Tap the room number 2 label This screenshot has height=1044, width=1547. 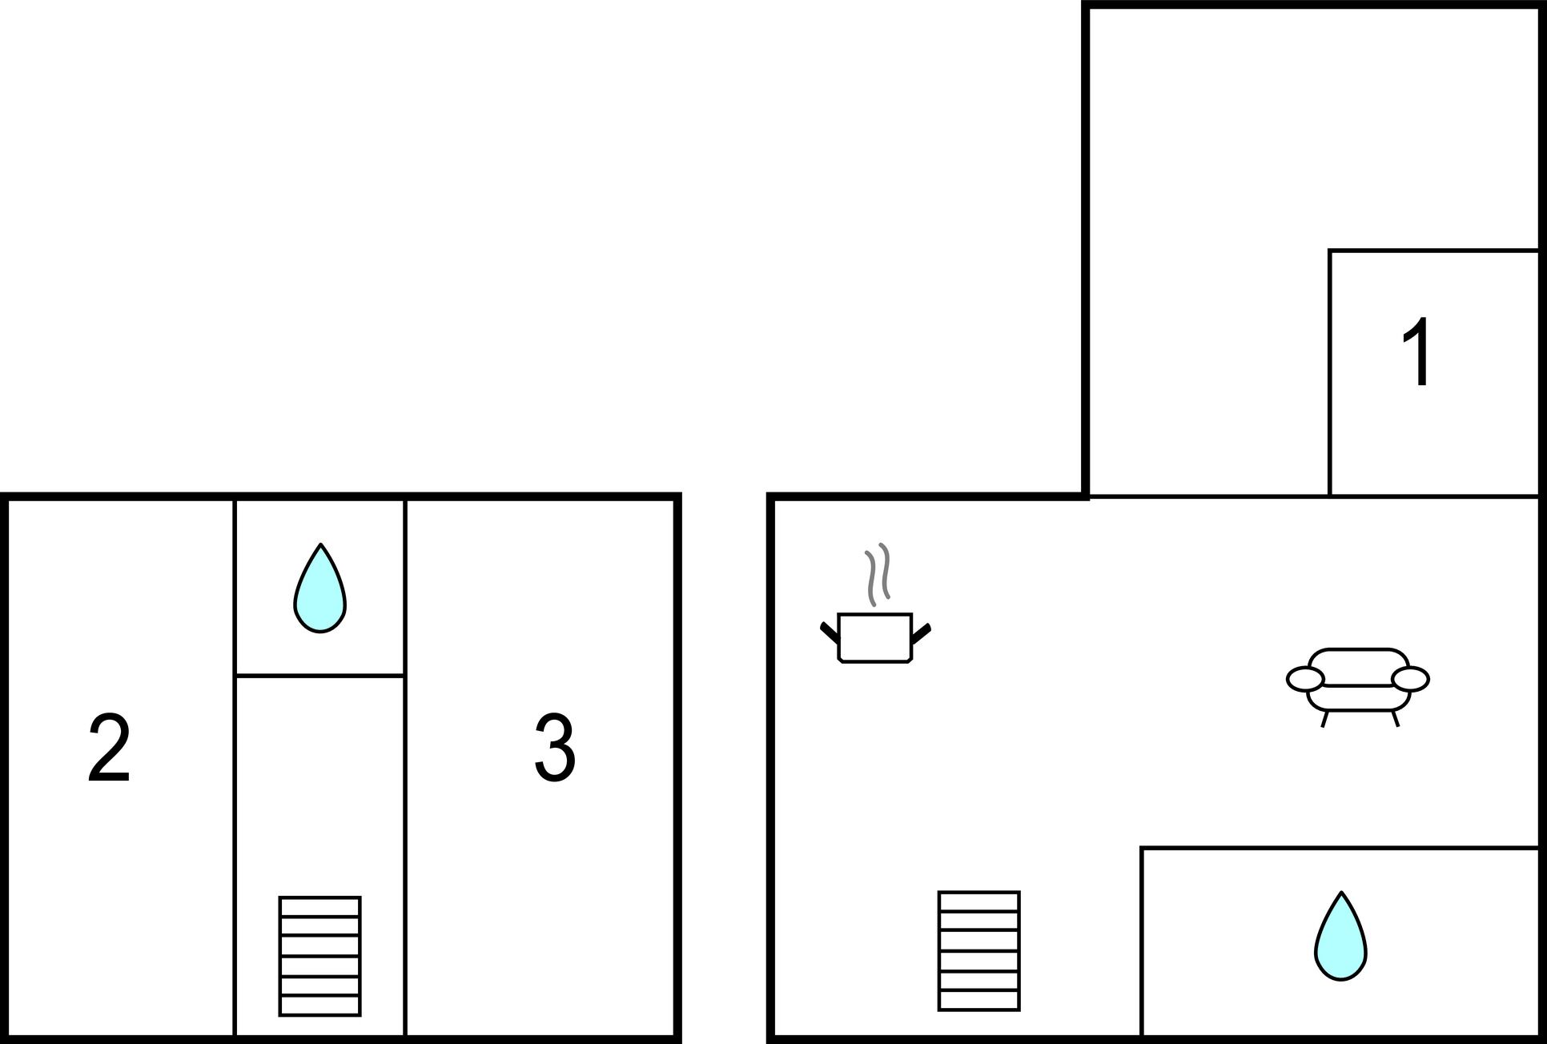pos(109,749)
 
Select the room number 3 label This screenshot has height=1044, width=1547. pos(555,748)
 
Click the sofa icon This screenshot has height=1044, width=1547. pos(1358,687)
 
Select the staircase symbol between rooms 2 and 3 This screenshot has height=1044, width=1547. pos(320,956)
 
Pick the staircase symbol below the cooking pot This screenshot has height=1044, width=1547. pos(979,951)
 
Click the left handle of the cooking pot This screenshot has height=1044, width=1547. pos(830,632)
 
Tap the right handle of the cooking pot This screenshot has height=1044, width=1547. pos(922,632)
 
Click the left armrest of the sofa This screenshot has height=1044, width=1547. pos(1305,679)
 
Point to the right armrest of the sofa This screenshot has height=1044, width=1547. pos(1411,679)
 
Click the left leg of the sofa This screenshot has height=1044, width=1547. pos(1324,719)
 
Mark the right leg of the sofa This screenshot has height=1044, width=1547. pos(1396,719)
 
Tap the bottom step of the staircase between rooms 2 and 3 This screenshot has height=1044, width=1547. pos(320,1006)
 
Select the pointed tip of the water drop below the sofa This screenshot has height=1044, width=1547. pos(1341,892)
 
